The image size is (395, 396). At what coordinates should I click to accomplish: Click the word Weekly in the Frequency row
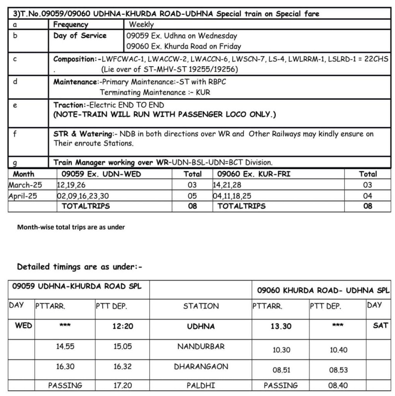click(141, 24)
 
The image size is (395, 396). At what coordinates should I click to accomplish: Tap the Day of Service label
click(80, 36)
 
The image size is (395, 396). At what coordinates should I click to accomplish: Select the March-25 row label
click(25, 185)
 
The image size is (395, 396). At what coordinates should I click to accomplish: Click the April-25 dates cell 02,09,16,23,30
click(83, 196)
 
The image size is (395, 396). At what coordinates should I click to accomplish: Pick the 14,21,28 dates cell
click(227, 185)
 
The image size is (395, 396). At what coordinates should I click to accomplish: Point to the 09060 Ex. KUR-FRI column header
click(254, 174)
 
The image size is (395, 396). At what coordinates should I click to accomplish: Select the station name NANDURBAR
click(201, 346)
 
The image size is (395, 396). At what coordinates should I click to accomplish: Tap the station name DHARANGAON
click(201, 366)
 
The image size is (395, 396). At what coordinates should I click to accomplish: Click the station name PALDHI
click(201, 386)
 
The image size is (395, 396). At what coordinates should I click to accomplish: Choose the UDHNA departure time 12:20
click(123, 326)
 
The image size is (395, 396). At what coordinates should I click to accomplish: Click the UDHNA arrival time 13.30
click(281, 326)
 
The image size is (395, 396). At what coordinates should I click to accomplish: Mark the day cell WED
click(23, 326)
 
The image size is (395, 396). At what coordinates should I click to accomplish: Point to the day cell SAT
click(380, 326)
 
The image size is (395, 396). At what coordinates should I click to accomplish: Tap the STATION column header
click(201, 306)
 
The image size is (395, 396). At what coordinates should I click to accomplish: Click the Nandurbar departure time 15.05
click(123, 347)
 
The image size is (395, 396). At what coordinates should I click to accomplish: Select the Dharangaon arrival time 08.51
click(281, 370)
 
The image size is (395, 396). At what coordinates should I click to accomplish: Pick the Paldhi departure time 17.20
click(123, 386)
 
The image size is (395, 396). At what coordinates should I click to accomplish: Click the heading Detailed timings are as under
click(80, 267)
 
